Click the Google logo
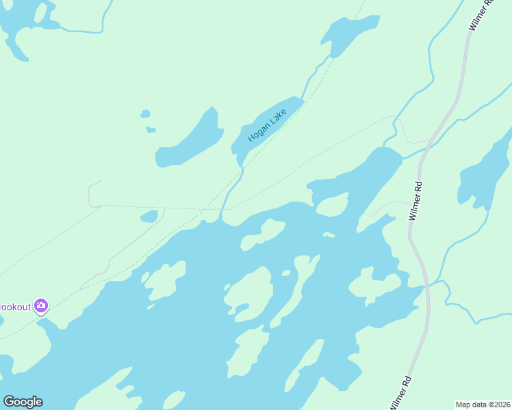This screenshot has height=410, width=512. tap(23, 402)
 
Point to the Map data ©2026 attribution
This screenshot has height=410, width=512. tap(483, 404)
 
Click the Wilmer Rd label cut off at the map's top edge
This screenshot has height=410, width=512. tap(481, 14)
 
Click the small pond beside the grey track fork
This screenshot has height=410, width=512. tap(149, 217)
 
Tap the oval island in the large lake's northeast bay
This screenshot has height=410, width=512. tap(333, 204)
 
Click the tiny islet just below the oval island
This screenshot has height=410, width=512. tap(329, 235)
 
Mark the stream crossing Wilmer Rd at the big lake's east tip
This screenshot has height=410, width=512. tap(428, 286)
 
